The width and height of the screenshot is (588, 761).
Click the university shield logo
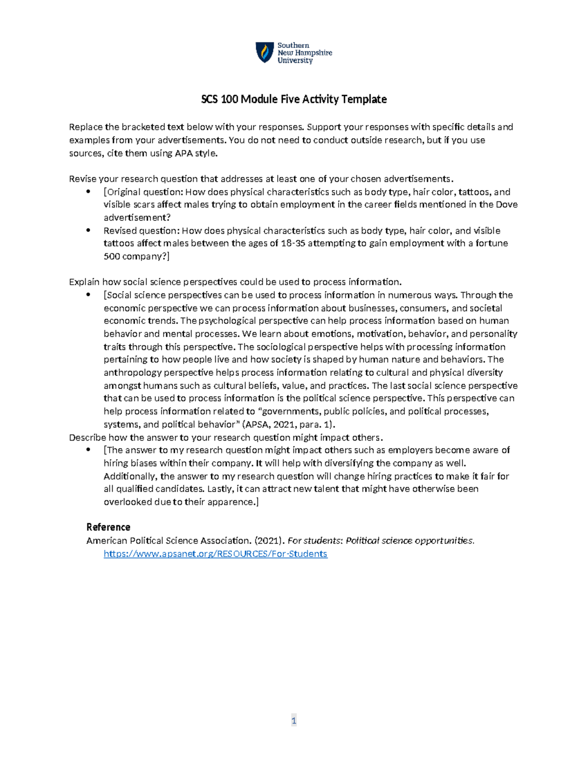pos(265,52)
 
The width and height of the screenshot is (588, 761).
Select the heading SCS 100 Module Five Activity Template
pos(294,99)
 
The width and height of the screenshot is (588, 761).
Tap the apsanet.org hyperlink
pos(216,554)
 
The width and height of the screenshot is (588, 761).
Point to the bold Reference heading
pos(108,527)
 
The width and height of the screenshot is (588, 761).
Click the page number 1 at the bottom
pos(294,720)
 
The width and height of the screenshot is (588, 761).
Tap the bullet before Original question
pos(89,192)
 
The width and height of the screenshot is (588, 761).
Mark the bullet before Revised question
pos(89,230)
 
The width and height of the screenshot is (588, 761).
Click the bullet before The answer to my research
pos(89,450)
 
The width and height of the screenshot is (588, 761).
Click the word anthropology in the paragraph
pos(132,373)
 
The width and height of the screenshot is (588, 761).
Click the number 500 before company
pos(112,256)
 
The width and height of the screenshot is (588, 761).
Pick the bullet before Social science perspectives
pos(89,295)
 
